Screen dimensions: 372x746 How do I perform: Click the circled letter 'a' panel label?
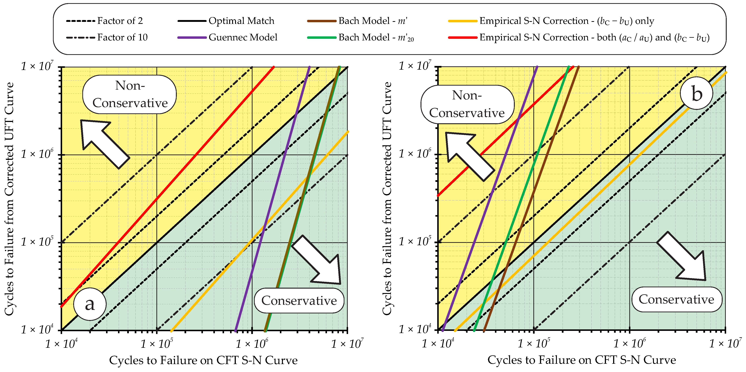pos(90,304)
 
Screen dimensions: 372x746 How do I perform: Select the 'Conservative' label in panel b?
pos(677,299)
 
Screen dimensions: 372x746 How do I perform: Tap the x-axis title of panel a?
pos(203,360)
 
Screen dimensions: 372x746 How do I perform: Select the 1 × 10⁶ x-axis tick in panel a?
pos(252,344)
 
